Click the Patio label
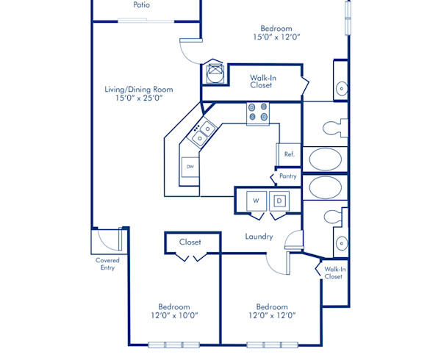[x=143, y=5]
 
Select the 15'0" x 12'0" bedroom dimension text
[x=278, y=36]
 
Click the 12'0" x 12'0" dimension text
[x=271, y=315]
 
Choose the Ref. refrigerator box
[x=289, y=154]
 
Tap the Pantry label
[x=287, y=177]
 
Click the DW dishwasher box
[x=190, y=167]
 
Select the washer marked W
[x=257, y=200]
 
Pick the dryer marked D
[x=279, y=200]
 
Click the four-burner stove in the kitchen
[x=257, y=112]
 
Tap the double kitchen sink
[x=203, y=132]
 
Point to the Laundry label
[x=259, y=237]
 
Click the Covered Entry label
[x=107, y=264]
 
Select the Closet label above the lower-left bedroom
[x=190, y=242]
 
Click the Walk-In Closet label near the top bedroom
[x=262, y=81]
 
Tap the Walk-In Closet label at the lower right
[x=334, y=273]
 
